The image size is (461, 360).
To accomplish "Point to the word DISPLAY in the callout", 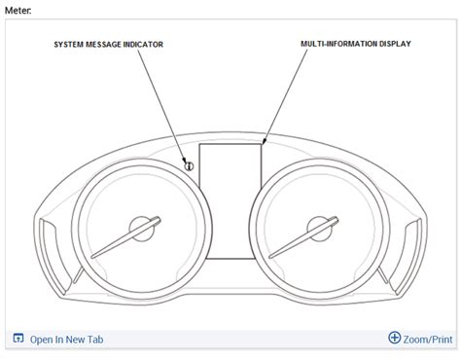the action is click(392, 45).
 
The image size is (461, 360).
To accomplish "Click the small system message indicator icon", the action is click(189, 166).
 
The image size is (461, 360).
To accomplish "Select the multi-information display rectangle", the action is click(231, 201).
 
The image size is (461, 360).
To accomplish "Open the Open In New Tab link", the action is click(66, 340).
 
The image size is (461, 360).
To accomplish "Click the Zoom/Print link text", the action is click(429, 340).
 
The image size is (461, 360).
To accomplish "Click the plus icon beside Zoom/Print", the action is click(394, 339).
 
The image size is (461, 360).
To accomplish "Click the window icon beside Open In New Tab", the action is click(18, 339).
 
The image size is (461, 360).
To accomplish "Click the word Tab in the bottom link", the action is click(93, 340).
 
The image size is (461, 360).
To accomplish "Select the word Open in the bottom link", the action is click(42, 340).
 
